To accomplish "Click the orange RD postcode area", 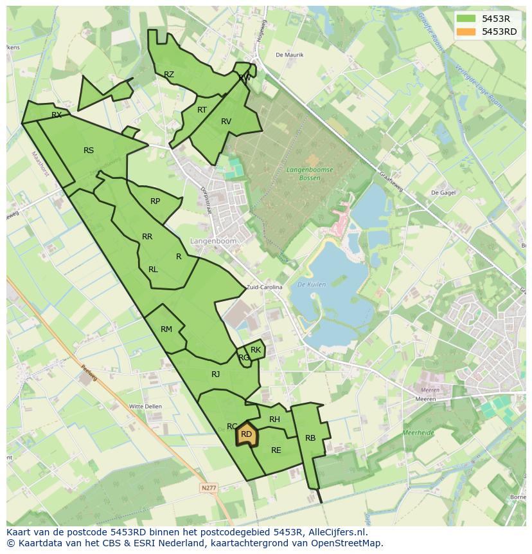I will click(246, 435).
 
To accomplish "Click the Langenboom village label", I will click(213, 241).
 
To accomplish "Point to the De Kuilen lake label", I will click(312, 284).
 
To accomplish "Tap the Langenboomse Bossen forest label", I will click(310, 173).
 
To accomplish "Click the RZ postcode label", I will click(169, 75).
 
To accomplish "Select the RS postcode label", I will click(89, 151).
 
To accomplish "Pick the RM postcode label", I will click(166, 329).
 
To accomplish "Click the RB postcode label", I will click(310, 438).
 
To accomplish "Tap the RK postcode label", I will click(256, 350).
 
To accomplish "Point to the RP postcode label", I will click(155, 201).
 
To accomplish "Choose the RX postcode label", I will click(57, 115).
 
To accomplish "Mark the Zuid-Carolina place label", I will click(264, 288).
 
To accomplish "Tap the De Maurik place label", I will click(289, 55).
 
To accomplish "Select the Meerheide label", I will click(418, 433).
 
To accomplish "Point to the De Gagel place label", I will click(443, 192).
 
